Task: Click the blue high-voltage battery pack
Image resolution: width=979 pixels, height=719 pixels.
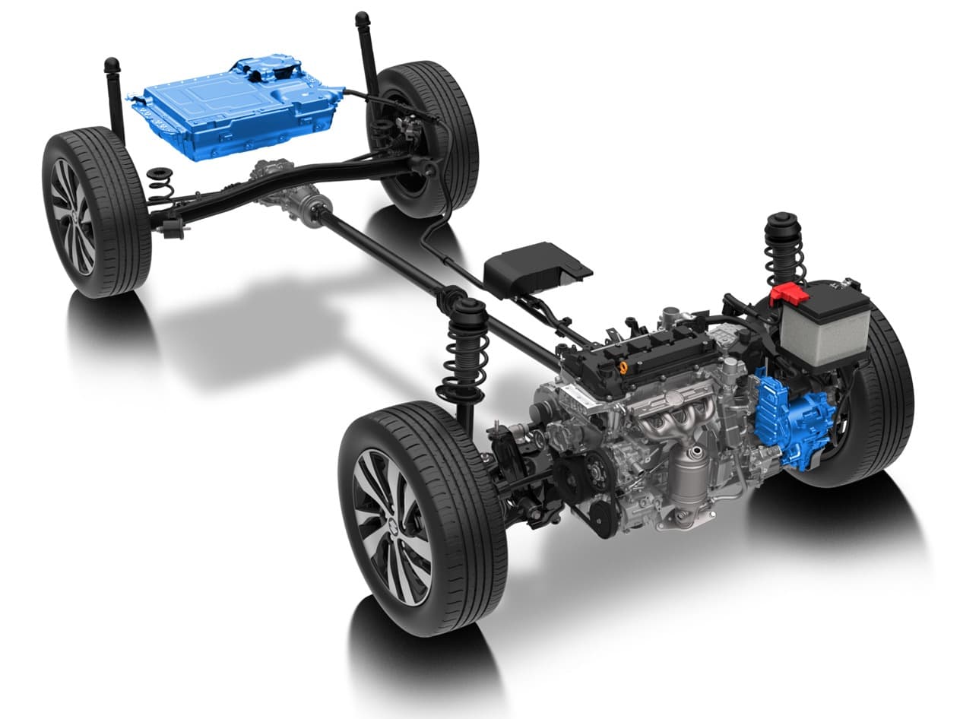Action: (x=228, y=106)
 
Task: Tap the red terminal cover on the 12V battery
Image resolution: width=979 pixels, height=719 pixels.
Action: (x=789, y=293)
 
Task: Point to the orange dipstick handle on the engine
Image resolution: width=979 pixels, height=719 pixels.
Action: (x=623, y=367)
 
